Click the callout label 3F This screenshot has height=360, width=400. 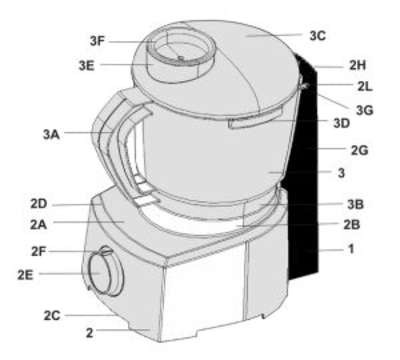coord(97,41)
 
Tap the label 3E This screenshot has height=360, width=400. coord(87,66)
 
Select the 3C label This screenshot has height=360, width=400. coord(318,36)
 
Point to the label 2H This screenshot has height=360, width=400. coord(358,65)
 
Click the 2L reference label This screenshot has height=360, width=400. coord(365,86)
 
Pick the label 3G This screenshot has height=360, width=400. coord(364,110)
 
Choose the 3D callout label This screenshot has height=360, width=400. coord(342,123)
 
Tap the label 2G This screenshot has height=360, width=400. coord(360,150)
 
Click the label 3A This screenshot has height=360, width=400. coord(51,134)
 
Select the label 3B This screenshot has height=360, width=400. coord(355,204)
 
